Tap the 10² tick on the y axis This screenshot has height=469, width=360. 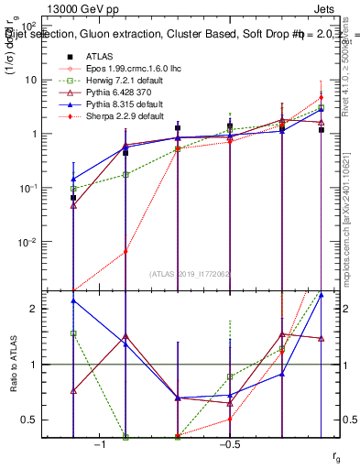point(35,27)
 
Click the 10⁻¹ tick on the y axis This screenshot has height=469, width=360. point(33,188)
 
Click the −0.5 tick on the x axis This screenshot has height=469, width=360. point(229,444)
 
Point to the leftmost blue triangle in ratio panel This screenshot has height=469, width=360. point(73,300)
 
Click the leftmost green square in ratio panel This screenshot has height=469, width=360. point(73,333)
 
